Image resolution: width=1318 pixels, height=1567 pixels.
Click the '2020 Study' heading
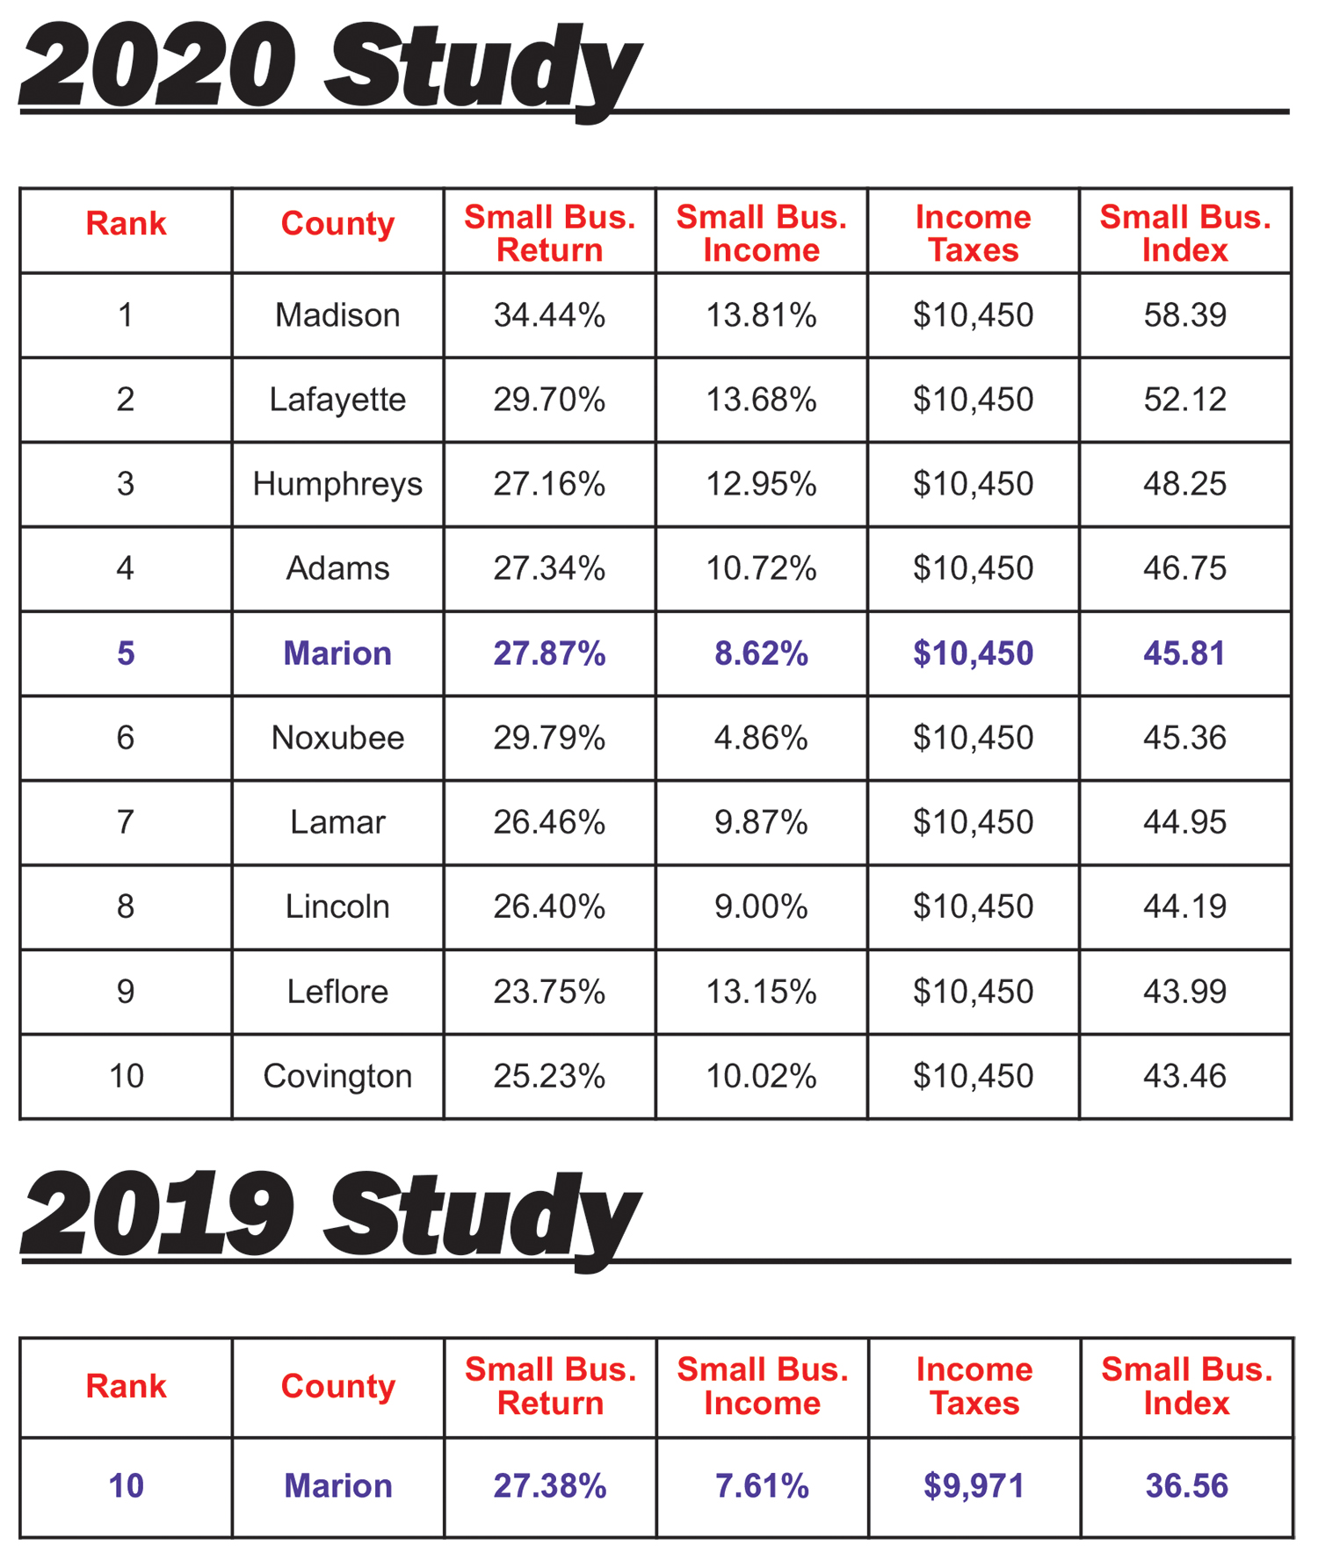(329, 69)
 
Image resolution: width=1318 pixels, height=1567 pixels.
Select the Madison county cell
(337, 315)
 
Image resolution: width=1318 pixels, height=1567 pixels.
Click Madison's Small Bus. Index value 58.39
(1184, 315)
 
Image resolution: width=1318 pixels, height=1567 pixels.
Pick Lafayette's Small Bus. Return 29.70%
(549, 400)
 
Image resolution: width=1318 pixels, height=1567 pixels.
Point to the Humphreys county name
(337, 484)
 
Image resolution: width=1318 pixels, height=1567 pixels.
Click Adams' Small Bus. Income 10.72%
(761, 568)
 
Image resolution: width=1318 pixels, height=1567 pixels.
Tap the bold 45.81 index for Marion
(1184, 654)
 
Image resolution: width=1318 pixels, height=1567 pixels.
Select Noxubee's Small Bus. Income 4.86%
(761, 738)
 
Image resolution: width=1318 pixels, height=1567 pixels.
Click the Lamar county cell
(337, 822)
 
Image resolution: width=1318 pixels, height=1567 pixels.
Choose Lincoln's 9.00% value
(761, 906)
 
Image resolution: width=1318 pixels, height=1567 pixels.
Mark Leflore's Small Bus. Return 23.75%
(549, 992)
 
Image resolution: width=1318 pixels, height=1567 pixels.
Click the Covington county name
(337, 1076)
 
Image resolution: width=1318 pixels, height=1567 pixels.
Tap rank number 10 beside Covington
(126, 1076)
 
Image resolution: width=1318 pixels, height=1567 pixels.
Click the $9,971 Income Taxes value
(974, 1486)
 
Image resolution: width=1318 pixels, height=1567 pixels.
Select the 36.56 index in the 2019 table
(1186, 1486)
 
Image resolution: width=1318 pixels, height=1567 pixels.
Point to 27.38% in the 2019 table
(550, 1486)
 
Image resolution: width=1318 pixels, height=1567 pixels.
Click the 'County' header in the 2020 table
(337, 224)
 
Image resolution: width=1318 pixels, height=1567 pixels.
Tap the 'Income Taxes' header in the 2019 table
(974, 1386)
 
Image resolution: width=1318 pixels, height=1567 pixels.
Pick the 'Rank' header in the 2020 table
(126, 224)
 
